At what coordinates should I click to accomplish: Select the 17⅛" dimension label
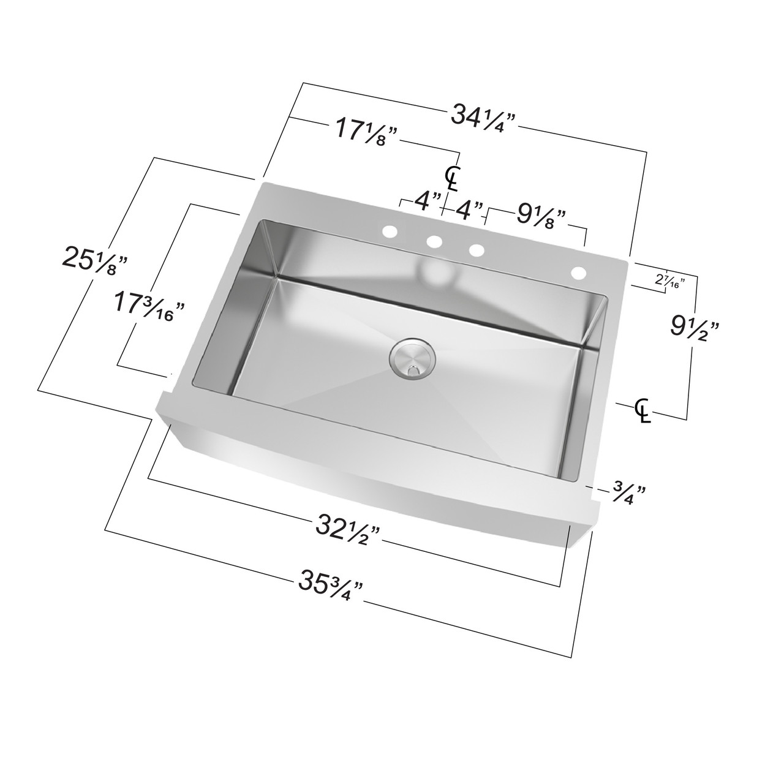pos(366,131)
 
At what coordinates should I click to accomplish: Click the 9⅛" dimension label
pos(540,215)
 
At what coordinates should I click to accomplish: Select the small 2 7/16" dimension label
pos(669,281)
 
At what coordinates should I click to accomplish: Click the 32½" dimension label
pos(349,526)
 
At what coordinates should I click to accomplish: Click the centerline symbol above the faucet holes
pos(452,178)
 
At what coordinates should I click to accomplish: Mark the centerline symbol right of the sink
pos(642,409)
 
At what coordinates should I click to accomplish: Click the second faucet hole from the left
pos(435,242)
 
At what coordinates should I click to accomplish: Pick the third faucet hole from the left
pos(477,251)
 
